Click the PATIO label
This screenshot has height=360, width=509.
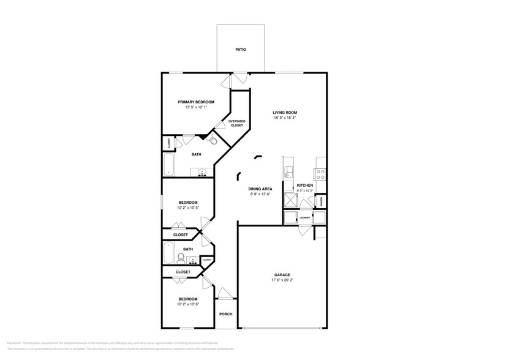tap(241, 49)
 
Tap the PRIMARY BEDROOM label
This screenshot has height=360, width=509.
tap(196, 102)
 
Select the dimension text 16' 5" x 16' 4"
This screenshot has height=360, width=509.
tap(285, 118)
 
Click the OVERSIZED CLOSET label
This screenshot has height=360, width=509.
tap(237, 123)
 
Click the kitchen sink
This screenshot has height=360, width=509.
tap(288, 171)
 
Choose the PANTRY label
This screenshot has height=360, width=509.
tap(322, 200)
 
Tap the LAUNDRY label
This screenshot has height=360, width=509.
tap(304, 217)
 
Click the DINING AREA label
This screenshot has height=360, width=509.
tap(260, 189)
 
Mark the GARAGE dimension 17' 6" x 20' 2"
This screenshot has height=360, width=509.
tap(282, 280)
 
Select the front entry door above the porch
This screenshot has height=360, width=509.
tap(225, 294)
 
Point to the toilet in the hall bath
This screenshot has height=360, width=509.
tap(189, 258)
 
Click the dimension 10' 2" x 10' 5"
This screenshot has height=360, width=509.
tap(188, 208)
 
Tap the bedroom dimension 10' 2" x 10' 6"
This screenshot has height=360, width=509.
tap(188, 304)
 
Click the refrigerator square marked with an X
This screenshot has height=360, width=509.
tap(288, 200)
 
